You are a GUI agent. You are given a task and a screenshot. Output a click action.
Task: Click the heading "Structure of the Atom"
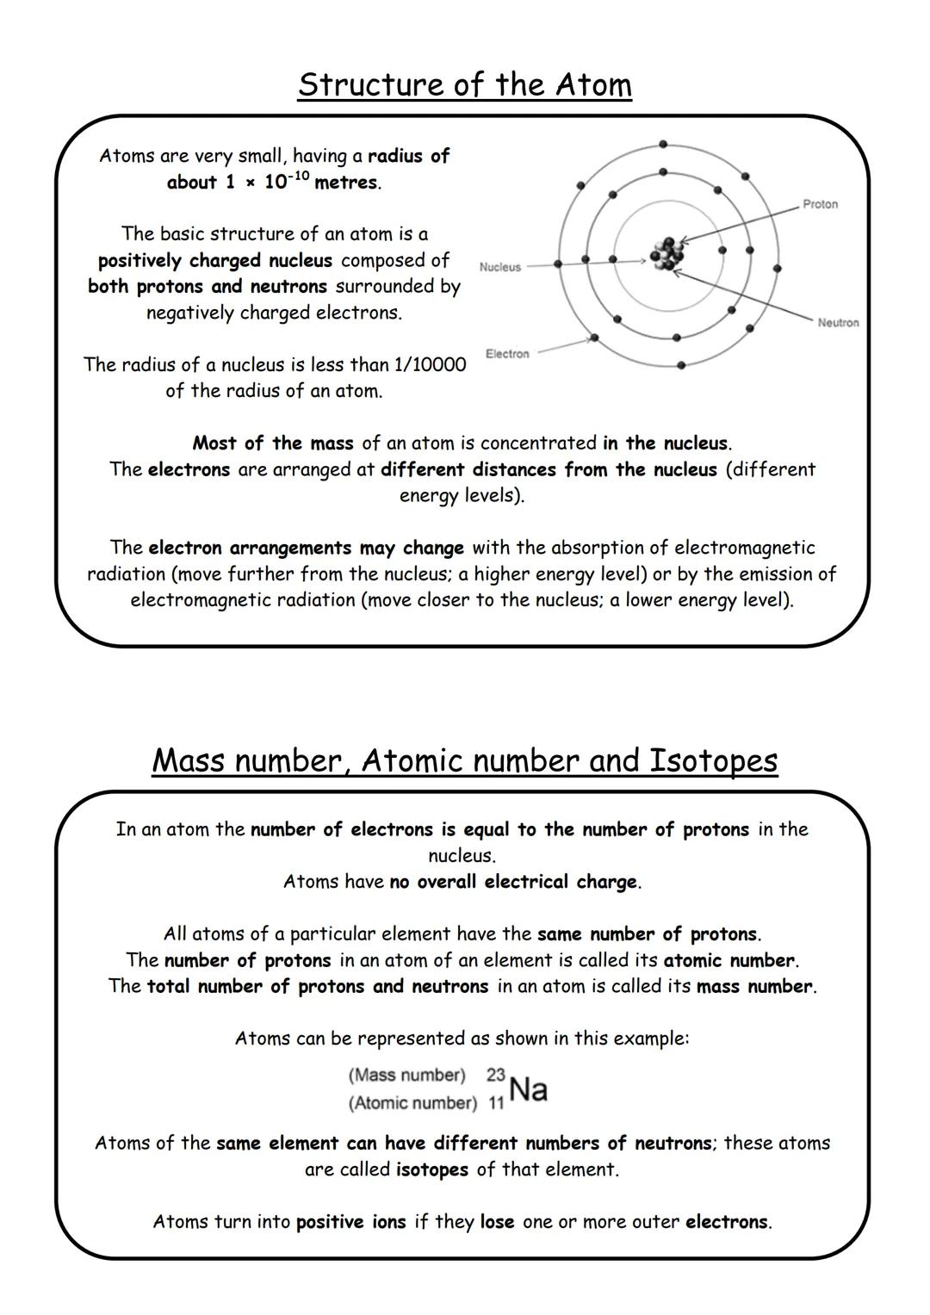point(464,84)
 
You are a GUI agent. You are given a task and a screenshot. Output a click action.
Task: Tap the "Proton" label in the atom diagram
point(819,204)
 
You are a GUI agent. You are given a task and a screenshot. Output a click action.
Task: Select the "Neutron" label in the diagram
point(837,323)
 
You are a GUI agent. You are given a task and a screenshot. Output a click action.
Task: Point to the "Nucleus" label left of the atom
point(499,267)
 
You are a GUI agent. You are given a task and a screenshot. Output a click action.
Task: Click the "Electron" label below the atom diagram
point(506,354)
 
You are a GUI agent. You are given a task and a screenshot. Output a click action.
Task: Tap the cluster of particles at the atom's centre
point(668,256)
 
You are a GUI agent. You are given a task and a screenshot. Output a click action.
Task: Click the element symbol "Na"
point(528,1089)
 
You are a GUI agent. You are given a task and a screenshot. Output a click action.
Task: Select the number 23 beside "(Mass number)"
point(495,1075)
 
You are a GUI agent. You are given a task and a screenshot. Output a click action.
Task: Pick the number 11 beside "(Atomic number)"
point(496,1103)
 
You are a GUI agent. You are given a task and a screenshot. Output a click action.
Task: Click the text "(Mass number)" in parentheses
point(406,1075)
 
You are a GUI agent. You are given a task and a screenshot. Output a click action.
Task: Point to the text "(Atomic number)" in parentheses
point(412,1103)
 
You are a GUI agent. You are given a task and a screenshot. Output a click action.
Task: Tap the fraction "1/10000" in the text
point(429,364)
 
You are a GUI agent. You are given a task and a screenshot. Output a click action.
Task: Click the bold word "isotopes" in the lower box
point(431,1169)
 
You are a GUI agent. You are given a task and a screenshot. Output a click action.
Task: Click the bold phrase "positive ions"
point(350,1221)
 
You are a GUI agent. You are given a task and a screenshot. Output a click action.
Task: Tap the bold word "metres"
point(345,183)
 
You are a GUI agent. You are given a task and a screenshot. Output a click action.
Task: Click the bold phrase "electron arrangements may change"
point(306,548)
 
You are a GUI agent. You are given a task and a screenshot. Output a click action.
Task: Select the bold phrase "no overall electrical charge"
point(513,882)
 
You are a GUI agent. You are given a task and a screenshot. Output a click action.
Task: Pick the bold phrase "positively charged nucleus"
point(214,260)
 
